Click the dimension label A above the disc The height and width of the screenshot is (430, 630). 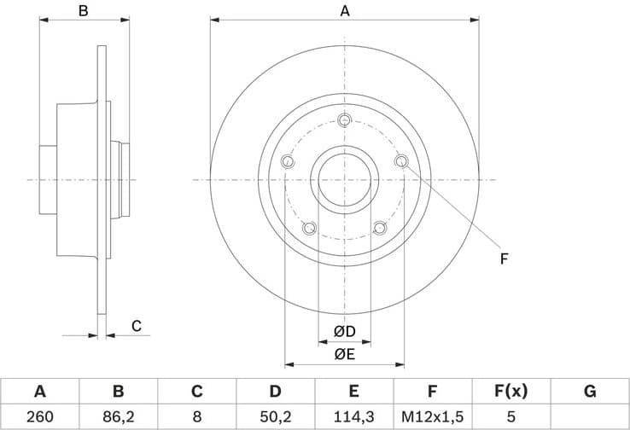[x=345, y=11]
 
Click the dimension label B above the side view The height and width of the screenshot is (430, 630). [x=84, y=11]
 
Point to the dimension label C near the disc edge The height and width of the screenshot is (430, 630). [x=136, y=325]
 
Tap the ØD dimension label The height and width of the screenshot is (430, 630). [x=344, y=331]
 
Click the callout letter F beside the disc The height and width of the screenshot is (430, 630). [x=504, y=258]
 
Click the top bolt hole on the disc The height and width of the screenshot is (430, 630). [x=345, y=119]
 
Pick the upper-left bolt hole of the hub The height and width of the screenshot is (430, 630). [x=288, y=161]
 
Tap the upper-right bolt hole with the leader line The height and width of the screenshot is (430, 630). [x=402, y=161]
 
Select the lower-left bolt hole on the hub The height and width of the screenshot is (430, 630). [x=309, y=228]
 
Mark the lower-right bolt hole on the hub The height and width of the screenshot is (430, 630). [x=380, y=228]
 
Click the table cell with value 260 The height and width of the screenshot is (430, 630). [x=39, y=417]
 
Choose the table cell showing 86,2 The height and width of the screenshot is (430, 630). [x=118, y=417]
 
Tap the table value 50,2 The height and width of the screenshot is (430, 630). [x=275, y=417]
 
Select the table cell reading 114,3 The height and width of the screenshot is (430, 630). [x=353, y=417]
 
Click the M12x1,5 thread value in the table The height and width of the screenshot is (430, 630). [x=432, y=417]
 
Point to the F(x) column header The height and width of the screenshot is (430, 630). [x=510, y=392]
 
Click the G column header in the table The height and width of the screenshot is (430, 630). [x=589, y=392]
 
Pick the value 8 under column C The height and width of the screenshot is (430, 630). [x=196, y=417]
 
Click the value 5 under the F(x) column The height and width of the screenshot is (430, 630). [x=510, y=417]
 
